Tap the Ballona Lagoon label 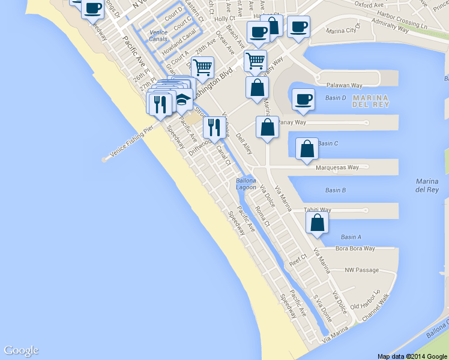coord(246,184)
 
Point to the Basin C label coord(328,143)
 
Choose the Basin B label coord(335,190)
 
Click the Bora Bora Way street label coord(355,248)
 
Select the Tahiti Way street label coord(318,210)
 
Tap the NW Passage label coord(362,270)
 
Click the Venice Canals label coord(158,35)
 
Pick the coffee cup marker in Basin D coord(303,99)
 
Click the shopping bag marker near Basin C coord(307,149)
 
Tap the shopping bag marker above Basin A coord(317,223)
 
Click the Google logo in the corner coord(21,350)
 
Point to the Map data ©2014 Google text coord(412,356)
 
